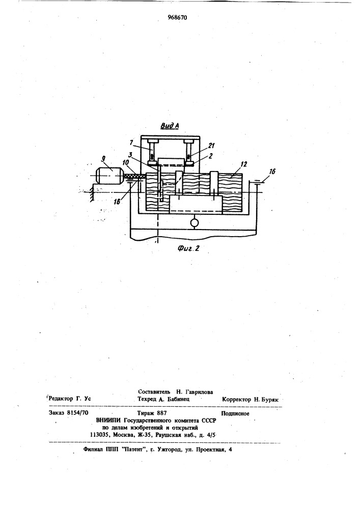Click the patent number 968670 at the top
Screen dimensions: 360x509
(x=178, y=17)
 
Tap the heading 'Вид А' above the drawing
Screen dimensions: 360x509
(x=170, y=126)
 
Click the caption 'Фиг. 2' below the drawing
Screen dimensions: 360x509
(x=188, y=248)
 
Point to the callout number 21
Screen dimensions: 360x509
(x=211, y=146)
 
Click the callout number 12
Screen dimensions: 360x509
(x=244, y=164)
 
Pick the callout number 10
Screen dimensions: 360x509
(x=126, y=162)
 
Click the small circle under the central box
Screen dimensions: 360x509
(x=194, y=223)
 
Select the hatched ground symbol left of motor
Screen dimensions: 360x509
(x=92, y=192)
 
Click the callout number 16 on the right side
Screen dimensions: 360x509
(x=272, y=171)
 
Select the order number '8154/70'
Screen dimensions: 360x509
(x=77, y=413)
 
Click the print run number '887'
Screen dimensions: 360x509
(x=161, y=413)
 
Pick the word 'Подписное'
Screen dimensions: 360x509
(x=235, y=413)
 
